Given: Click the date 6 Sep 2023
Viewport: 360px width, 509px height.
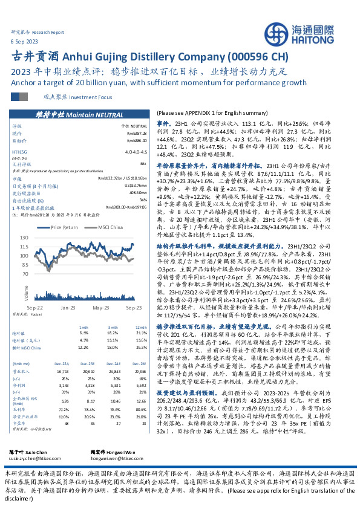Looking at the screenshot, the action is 22,40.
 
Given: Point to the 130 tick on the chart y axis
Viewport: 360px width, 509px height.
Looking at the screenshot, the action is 25,238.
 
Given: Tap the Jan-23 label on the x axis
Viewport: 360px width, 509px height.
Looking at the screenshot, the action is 67,308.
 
